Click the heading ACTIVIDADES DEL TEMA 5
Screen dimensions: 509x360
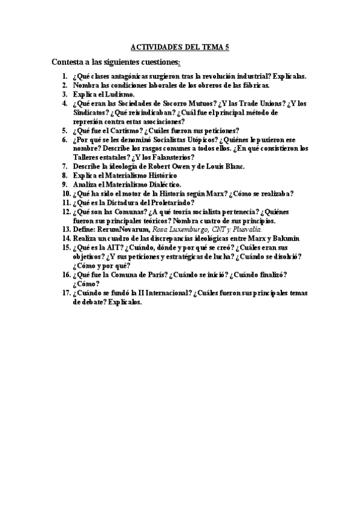coord(180,47)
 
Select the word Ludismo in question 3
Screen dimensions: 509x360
coord(120,94)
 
